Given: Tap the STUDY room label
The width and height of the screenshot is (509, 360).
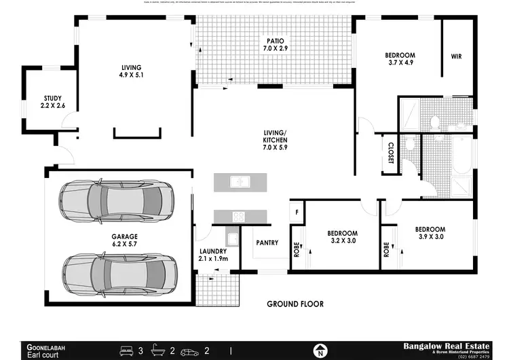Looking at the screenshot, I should [x=53, y=102].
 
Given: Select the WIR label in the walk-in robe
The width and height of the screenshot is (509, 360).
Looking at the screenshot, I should [x=455, y=56].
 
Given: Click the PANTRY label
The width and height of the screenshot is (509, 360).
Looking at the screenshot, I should [x=267, y=242].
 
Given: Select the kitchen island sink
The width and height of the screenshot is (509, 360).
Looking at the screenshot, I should [x=240, y=182].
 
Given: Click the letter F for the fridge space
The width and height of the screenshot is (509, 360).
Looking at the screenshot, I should [x=297, y=211].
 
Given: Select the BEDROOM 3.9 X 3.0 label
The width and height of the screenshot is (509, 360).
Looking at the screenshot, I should [x=430, y=233].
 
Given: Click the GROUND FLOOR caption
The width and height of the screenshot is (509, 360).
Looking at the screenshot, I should [x=295, y=304].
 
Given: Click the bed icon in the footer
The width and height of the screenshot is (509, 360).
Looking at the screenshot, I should [x=126, y=351].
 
